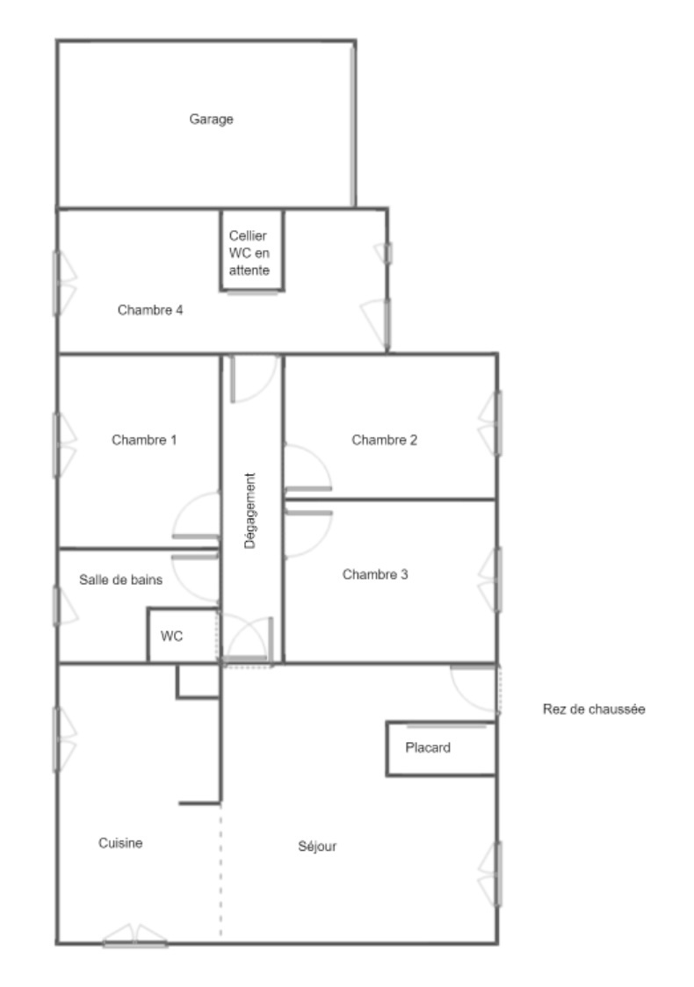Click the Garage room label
[x=211, y=119]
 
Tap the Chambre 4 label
[x=150, y=310]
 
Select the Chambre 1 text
[x=144, y=439]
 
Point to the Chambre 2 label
[x=384, y=439]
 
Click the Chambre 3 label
[x=375, y=574]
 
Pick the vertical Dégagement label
[x=250, y=510]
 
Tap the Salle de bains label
[x=120, y=580]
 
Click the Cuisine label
[x=120, y=843]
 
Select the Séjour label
[x=317, y=847]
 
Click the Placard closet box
[x=441, y=748]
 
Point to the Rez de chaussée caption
[x=594, y=710]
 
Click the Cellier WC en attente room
[x=252, y=250]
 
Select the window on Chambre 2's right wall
[x=491, y=423]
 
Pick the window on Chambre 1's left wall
[x=63, y=445]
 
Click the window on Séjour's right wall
[x=490, y=875]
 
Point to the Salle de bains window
[x=65, y=606]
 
